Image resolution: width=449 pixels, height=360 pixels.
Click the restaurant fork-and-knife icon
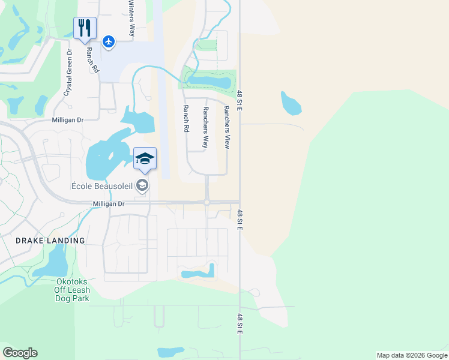85,27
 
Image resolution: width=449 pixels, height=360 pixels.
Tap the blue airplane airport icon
108,41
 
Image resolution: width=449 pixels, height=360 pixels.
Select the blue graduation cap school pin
145,158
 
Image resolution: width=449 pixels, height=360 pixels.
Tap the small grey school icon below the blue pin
143,185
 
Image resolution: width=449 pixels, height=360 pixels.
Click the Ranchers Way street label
205,128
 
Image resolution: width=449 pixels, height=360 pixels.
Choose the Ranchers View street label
227,127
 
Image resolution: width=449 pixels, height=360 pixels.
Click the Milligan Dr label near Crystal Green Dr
67,120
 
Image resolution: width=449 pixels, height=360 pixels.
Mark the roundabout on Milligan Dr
206,203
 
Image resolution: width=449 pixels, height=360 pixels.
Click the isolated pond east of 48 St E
291,104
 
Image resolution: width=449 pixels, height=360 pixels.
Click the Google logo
20,353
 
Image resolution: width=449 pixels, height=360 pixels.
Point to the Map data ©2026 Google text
412,355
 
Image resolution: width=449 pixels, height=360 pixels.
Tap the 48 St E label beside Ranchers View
240,100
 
